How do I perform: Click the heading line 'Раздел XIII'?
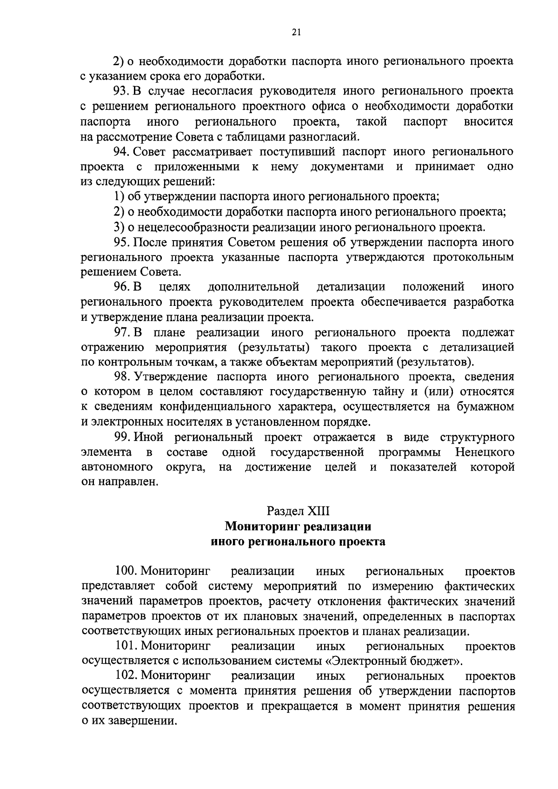[298, 511]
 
